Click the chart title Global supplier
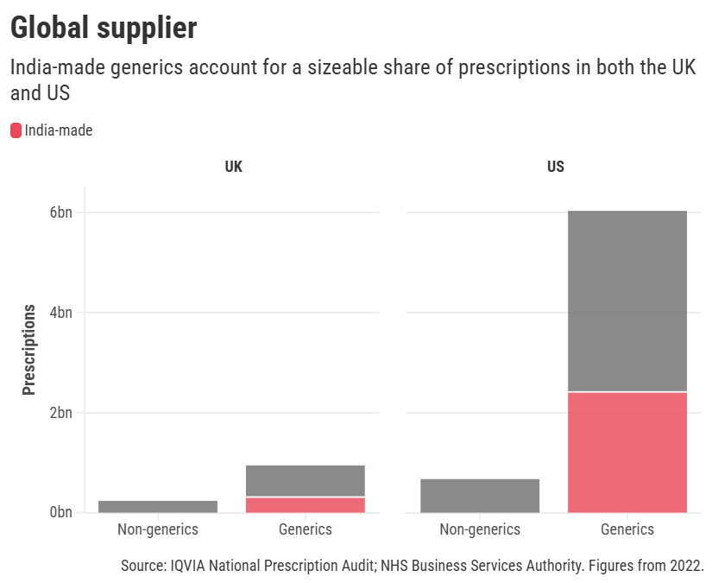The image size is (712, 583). click(x=103, y=28)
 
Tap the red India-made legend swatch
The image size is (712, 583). click(x=16, y=130)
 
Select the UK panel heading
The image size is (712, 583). click(x=233, y=167)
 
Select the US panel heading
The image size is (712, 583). click(x=555, y=167)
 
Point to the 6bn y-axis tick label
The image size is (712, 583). click(x=61, y=212)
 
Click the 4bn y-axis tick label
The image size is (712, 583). click(x=61, y=313)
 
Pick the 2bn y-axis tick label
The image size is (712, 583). click(x=61, y=413)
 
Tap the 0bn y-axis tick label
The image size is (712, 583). click(x=61, y=513)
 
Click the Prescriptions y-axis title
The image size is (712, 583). click(x=29, y=349)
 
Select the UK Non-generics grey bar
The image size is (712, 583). click(x=158, y=506)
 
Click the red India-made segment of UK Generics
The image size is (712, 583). click(x=306, y=504)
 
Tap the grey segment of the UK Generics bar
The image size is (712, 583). click(x=306, y=480)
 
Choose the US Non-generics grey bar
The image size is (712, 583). click(x=480, y=495)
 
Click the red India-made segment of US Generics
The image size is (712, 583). click(x=627, y=452)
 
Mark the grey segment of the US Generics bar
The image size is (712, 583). click(x=627, y=301)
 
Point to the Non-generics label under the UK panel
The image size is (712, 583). click(x=158, y=529)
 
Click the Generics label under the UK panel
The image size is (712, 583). click(x=306, y=529)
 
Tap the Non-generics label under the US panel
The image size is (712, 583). click(x=480, y=529)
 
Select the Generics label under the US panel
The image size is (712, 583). click(x=627, y=529)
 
